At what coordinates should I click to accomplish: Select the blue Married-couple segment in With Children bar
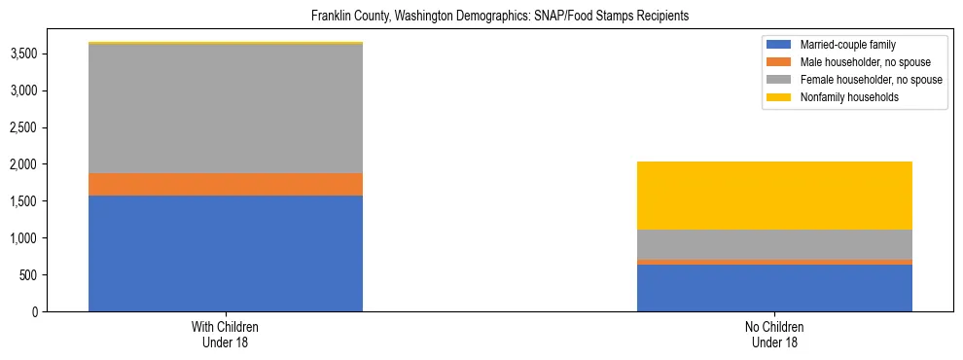pyautogui.click(x=226, y=253)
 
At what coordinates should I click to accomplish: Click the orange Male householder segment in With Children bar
pyautogui.click(x=226, y=184)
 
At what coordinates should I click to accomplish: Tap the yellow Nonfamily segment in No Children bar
pyautogui.click(x=774, y=196)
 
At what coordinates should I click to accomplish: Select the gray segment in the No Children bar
pyautogui.click(x=774, y=244)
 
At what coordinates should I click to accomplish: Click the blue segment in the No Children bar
pyautogui.click(x=774, y=288)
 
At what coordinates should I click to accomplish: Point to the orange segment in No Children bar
pyautogui.click(x=774, y=262)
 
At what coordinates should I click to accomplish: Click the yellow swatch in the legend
pyautogui.click(x=779, y=97)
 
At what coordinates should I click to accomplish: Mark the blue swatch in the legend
pyautogui.click(x=779, y=45)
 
